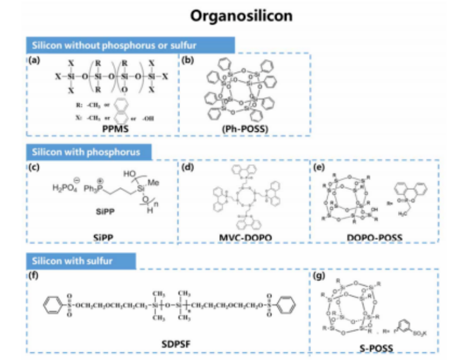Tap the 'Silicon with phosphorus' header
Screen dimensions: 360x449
(x=87, y=152)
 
